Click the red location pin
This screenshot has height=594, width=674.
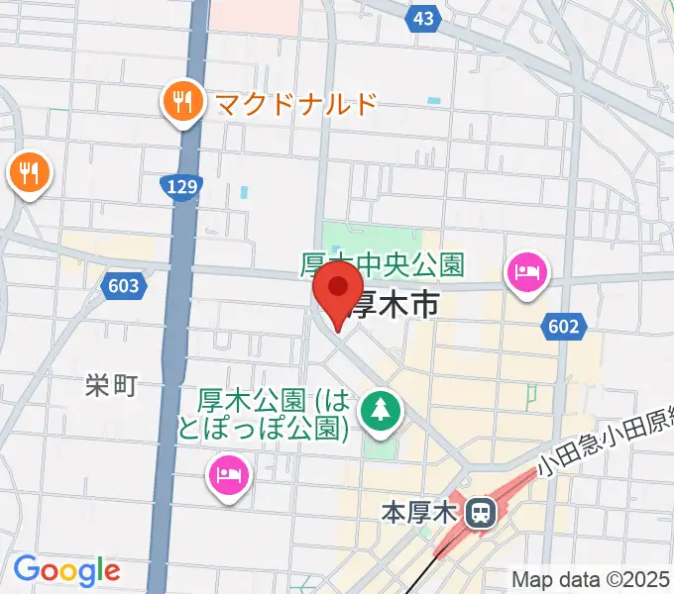pos(338,296)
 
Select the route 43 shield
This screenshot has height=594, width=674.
pos(423,19)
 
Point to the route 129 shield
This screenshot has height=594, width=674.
pos(181,185)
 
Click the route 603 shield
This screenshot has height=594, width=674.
pos(123,286)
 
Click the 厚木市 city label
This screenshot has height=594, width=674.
pos(396,305)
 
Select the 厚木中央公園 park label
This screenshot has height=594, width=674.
pos(383,265)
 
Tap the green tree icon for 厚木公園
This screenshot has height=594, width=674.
pos(381,409)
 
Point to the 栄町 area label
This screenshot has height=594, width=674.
pos(109,386)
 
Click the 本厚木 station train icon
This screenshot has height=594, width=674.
pos(481,513)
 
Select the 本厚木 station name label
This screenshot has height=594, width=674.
pos(417,514)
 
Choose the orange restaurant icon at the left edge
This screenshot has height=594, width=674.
pos(30,175)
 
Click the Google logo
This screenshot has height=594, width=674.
pos(66,569)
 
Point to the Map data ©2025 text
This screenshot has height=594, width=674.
pos(591,579)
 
